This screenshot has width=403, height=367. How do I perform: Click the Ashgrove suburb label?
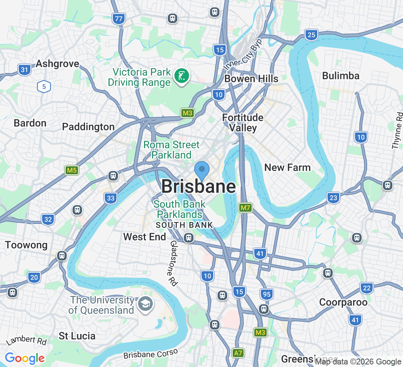tap(57, 64)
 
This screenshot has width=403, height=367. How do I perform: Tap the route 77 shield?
tap(119, 19)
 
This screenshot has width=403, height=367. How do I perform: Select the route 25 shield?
tap(311, 35)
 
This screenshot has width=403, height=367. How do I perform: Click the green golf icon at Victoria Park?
tap(181, 76)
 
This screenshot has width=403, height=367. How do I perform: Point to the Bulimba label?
tap(341, 76)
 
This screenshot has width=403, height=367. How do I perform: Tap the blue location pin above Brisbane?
tap(202, 171)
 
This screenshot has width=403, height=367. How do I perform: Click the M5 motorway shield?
tap(72, 170)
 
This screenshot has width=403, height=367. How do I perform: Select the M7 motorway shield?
tap(245, 208)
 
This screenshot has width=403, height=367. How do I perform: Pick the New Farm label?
tap(287, 168)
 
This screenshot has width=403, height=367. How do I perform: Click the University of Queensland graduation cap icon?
tap(146, 304)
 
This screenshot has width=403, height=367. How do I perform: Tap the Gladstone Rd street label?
tap(174, 263)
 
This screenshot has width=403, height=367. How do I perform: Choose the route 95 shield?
tap(267, 294)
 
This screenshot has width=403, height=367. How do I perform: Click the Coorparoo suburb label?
tap(343, 302)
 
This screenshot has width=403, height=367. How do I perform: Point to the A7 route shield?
tap(238, 353)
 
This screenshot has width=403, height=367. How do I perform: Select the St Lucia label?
tap(77, 336)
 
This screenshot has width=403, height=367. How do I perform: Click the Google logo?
tap(25, 358)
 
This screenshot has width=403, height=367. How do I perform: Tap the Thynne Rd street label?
tap(397, 131)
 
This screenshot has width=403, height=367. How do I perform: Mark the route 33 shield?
tap(111, 199)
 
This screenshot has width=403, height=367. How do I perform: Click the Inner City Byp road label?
tap(243, 55)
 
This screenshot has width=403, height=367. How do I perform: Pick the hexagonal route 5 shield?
tap(44, 87)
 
